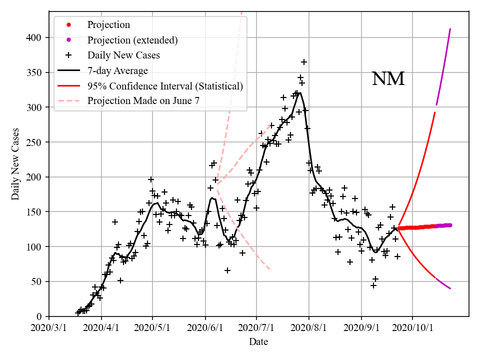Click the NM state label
point(388,79)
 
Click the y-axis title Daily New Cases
point(15,164)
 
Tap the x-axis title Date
point(258,342)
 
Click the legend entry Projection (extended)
point(132,40)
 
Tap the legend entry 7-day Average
point(117,70)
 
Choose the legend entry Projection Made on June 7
point(143,101)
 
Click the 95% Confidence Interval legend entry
point(165,86)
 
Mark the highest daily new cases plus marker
point(304,62)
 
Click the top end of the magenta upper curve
point(450,29)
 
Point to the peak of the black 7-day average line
point(299,92)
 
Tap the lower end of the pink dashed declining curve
point(270,269)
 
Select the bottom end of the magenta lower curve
point(450,288)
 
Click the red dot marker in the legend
point(69,24)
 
